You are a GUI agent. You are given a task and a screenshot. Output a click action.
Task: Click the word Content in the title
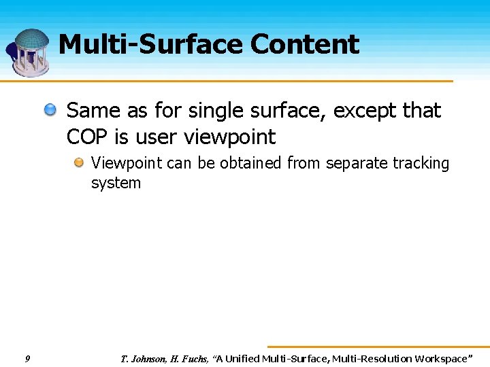(304, 45)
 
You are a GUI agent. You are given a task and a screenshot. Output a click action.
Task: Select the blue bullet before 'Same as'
(51, 109)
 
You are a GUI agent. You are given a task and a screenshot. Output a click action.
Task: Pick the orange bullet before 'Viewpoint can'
(80, 163)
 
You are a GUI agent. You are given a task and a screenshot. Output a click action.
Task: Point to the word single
(215, 111)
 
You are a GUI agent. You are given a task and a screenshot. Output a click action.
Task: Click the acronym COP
(88, 137)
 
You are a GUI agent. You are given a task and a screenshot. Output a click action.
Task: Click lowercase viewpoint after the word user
(230, 138)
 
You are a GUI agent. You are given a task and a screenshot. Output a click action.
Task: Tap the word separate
(356, 164)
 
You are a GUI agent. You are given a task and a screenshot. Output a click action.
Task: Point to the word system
(116, 183)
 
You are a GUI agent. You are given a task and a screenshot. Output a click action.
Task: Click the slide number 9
(27, 358)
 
